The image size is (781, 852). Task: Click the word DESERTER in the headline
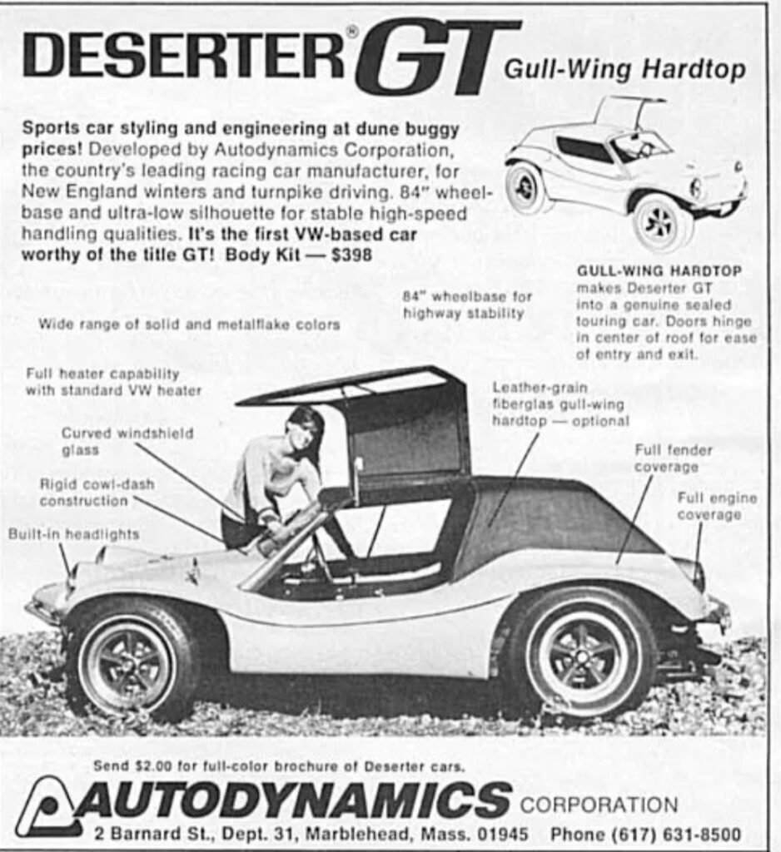click(184, 55)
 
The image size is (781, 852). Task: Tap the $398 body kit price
click(352, 255)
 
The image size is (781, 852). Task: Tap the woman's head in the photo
click(305, 429)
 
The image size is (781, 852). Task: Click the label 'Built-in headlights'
click(74, 534)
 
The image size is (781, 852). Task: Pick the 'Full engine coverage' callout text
click(717, 506)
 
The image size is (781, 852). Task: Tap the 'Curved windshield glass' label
click(127, 441)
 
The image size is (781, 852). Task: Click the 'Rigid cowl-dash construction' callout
click(97, 493)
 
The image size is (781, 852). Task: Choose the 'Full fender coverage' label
click(674, 458)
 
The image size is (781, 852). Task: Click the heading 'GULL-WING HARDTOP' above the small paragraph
click(659, 270)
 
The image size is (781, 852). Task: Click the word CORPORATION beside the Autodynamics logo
click(599, 805)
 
